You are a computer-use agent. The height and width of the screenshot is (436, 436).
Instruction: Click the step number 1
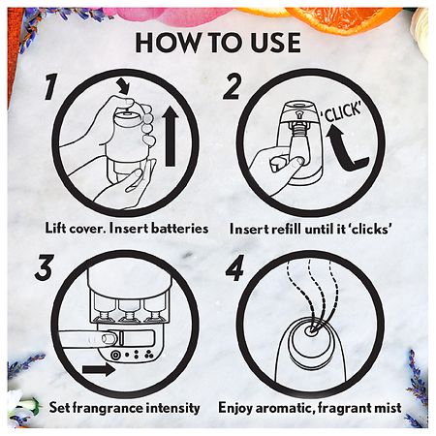[51, 86]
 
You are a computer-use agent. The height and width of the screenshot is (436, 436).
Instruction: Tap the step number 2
[232, 86]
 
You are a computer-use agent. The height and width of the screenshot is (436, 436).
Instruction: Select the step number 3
[44, 266]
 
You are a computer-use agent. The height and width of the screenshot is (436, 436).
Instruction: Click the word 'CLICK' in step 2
[342, 111]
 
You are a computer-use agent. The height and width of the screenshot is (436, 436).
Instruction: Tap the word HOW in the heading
[168, 43]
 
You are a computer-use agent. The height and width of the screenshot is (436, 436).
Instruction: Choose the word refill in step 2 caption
[287, 229]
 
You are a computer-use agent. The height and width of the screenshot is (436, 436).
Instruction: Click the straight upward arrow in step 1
[171, 137]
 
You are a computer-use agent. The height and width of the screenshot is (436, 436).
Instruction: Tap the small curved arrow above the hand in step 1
[124, 85]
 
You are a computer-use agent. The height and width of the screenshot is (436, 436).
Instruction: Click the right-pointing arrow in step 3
[99, 369]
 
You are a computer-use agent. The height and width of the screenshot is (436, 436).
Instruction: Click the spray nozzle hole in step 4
[312, 330]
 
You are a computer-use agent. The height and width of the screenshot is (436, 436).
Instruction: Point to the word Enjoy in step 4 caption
[235, 409]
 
